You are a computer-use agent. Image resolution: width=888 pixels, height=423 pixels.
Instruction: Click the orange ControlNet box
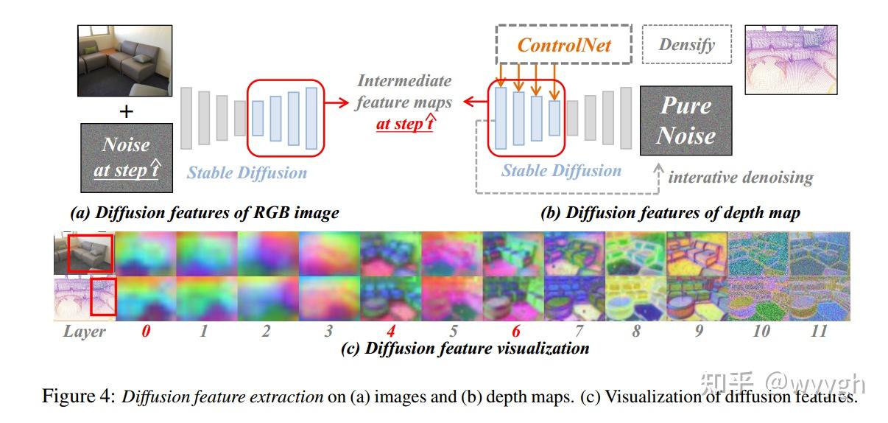(564, 45)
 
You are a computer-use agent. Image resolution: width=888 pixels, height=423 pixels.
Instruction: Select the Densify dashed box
(686, 45)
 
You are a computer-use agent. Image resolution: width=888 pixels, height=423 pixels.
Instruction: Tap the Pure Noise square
(686, 121)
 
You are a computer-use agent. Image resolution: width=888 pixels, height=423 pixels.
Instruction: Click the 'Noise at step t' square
(126, 157)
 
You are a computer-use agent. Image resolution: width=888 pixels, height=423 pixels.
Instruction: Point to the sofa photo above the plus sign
(124, 60)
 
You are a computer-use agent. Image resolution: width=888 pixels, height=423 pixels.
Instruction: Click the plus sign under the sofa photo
(127, 111)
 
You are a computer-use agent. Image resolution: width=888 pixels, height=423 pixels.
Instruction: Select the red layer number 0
(146, 332)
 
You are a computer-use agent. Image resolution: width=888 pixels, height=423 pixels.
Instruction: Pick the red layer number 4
(390, 332)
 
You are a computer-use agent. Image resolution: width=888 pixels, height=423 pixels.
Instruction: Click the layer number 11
(818, 332)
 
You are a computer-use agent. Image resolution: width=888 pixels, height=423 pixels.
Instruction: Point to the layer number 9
(698, 332)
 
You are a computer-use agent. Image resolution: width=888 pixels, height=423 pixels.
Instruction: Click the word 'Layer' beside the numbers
(84, 332)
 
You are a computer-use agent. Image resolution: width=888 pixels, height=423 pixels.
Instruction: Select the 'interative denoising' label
(740, 178)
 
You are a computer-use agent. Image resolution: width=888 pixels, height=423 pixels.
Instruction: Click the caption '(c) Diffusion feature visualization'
(465, 349)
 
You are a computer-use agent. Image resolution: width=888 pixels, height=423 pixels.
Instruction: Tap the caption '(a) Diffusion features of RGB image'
(204, 214)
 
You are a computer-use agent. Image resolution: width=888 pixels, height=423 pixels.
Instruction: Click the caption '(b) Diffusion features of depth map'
(670, 214)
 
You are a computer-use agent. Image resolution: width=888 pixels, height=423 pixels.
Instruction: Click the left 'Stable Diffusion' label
(247, 173)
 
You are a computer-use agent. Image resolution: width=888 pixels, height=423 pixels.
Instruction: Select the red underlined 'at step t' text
(404, 124)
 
